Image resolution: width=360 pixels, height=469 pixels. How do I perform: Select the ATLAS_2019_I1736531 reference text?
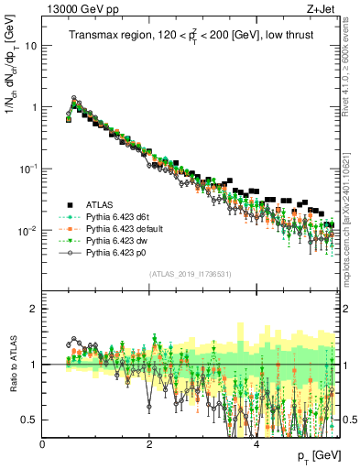click(190, 274)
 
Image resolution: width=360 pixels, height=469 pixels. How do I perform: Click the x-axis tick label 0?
click(43, 442)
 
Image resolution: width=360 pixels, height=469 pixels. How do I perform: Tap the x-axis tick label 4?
click(256, 442)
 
